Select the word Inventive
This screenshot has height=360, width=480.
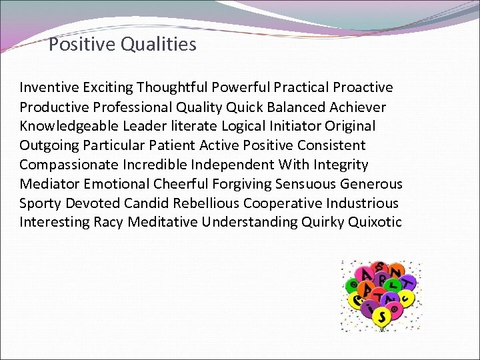49,87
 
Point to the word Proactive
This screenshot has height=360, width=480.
363,87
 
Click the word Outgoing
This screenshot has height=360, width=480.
47,145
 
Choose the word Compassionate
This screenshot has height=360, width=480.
69,165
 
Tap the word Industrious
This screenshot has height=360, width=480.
364,203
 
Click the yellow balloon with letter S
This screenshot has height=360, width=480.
382,315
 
